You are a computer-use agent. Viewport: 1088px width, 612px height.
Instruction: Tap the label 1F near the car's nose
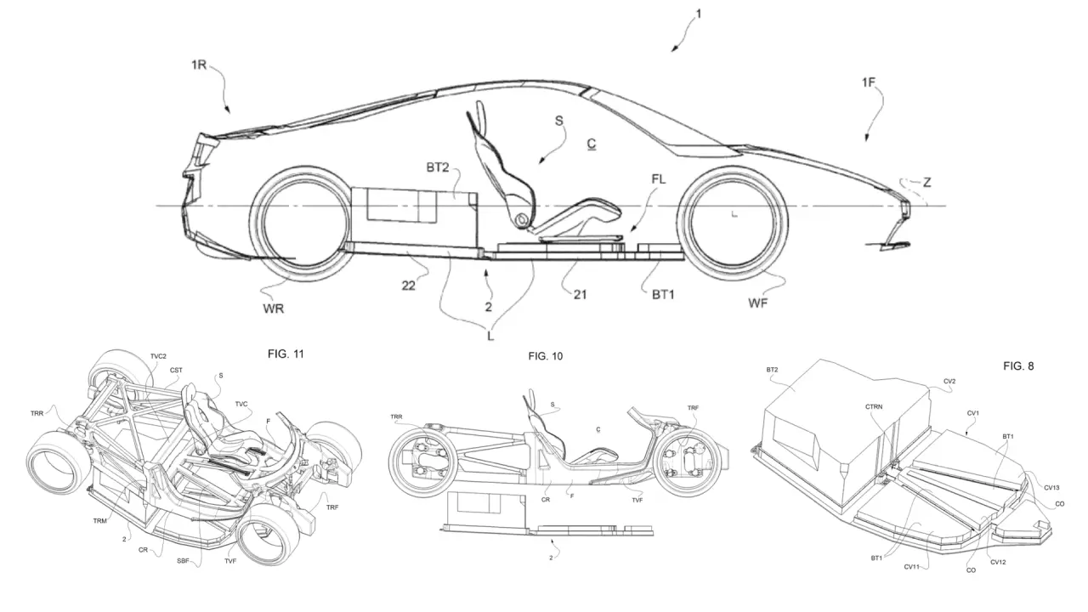[x=870, y=82]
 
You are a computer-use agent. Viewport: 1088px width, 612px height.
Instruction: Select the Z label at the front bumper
[x=926, y=182]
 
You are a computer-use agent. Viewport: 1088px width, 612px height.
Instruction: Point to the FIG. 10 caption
[x=545, y=356]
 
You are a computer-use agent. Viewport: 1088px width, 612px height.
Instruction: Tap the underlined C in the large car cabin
[x=591, y=144]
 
